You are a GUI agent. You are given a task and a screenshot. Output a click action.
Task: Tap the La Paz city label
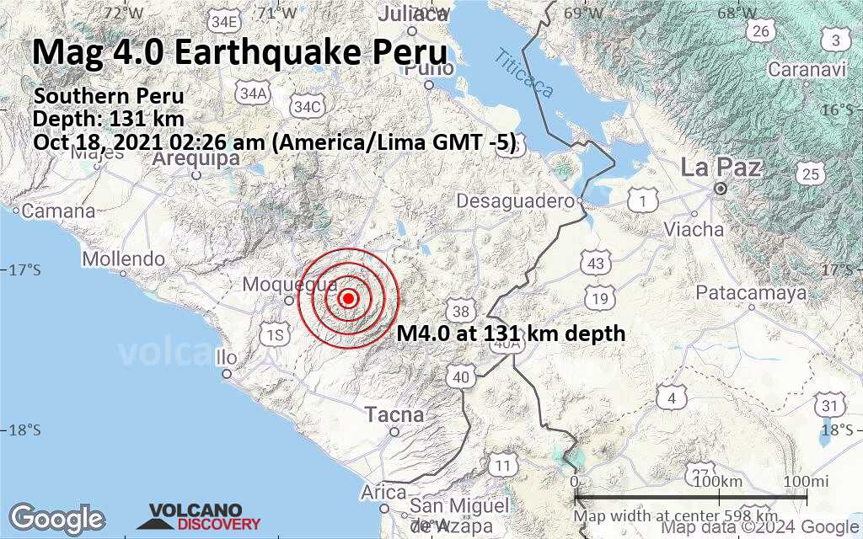(721, 168)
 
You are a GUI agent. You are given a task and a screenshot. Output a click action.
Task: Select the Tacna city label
(394, 414)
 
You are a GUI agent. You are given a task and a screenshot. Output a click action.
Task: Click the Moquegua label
(278, 285)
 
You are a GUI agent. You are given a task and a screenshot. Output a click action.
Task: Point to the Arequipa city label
(196, 160)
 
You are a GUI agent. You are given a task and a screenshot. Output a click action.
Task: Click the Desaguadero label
(515, 200)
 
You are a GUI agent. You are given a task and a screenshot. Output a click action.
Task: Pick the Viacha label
(693, 228)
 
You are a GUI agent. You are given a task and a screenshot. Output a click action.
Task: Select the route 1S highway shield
(274, 337)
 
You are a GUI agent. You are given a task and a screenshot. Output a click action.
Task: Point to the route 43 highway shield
(597, 264)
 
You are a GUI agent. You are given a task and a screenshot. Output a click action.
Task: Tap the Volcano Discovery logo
(205, 516)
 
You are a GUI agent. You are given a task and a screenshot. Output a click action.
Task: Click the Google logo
(56, 517)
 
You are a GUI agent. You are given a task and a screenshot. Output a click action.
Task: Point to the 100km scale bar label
(719, 481)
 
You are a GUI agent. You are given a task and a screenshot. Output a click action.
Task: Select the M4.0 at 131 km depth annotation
(511, 334)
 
